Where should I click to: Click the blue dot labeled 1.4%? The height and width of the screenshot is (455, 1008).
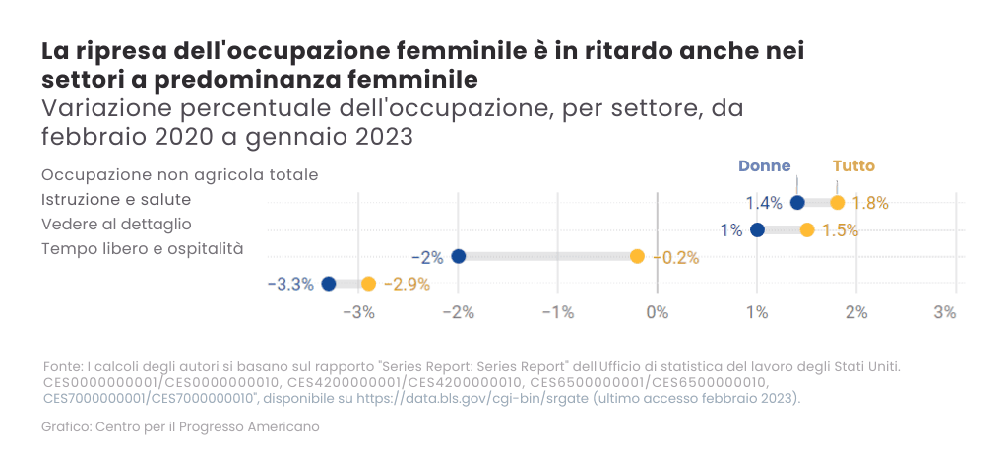point(797,203)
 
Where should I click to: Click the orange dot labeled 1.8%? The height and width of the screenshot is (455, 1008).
point(838,203)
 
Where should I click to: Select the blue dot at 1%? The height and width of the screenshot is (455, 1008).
point(757,230)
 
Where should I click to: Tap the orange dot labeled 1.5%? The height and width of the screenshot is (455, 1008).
point(807,230)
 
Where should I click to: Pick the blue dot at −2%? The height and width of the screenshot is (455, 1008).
point(458,257)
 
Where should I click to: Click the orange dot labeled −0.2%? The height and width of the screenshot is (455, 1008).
point(637,257)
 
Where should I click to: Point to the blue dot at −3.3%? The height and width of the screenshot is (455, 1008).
point(329,284)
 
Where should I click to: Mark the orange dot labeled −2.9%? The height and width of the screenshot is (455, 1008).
point(368,284)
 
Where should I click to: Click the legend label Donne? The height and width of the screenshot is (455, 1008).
point(764,166)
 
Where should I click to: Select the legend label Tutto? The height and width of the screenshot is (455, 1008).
point(852,166)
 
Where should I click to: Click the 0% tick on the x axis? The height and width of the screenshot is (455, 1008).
point(657,313)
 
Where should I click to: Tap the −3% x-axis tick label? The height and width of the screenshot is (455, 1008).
point(357,313)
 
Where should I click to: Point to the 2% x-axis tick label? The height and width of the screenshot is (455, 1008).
point(856,313)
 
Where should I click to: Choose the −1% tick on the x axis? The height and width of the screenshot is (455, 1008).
point(557,313)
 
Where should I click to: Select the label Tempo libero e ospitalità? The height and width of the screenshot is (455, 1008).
point(142,248)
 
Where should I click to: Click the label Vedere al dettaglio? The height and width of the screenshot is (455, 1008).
point(116,224)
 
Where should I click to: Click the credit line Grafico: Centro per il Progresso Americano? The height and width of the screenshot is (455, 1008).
point(180,427)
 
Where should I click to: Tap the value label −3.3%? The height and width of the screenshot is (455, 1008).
point(290,284)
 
